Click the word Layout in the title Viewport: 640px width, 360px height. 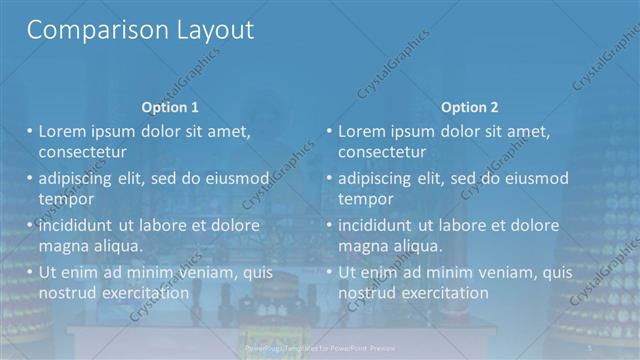click(x=207, y=30)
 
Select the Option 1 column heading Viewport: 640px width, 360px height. click(x=170, y=107)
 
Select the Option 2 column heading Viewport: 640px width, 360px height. click(x=470, y=107)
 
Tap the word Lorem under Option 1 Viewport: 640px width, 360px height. click(x=64, y=131)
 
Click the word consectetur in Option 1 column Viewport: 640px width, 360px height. click(x=82, y=152)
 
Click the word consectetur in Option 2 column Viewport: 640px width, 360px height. click(x=382, y=152)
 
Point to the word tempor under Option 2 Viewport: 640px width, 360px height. click(x=365, y=198)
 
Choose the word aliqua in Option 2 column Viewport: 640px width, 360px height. click(x=418, y=246)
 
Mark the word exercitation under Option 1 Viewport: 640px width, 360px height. click(x=143, y=293)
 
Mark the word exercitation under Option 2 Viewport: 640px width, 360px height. click(x=443, y=293)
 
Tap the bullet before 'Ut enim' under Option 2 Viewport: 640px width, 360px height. click(x=329, y=272)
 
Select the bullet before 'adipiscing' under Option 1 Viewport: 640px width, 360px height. click(x=29, y=179)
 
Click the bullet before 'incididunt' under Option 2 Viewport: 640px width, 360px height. click(x=329, y=225)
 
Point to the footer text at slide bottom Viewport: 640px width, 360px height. click(x=320, y=346)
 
